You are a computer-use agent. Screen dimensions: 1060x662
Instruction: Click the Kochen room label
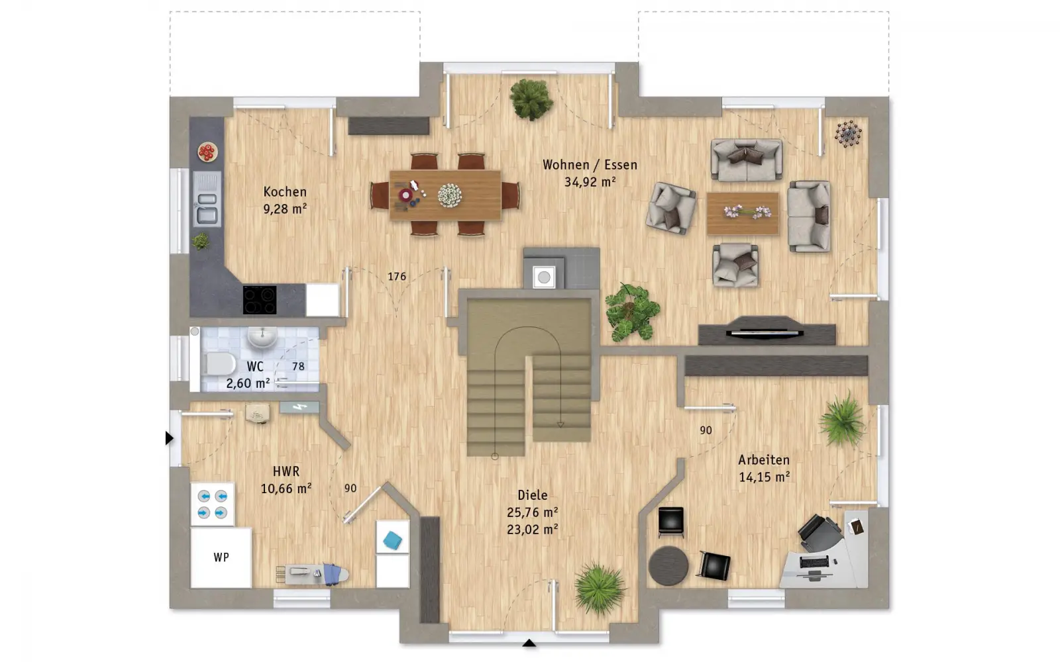click(x=285, y=191)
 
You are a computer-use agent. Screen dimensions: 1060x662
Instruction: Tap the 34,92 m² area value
click(x=590, y=182)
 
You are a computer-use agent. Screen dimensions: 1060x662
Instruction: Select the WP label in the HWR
click(x=221, y=557)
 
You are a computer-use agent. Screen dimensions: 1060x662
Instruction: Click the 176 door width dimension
click(x=397, y=277)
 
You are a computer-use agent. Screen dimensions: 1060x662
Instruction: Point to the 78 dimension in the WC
click(x=298, y=367)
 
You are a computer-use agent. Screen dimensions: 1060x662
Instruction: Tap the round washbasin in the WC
click(x=262, y=337)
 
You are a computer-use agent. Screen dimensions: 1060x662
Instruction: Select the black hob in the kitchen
click(x=260, y=299)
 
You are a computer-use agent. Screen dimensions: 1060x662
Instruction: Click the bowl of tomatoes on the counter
click(x=207, y=152)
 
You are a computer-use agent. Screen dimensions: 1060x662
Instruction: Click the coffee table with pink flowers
click(x=743, y=213)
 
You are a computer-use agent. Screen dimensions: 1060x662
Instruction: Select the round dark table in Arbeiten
click(x=668, y=566)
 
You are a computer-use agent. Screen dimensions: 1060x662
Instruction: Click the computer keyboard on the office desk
click(x=814, y=562)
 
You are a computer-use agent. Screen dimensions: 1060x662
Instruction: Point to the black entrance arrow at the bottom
click(x=529, y=643)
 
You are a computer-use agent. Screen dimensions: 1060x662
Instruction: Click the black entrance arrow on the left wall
click(x=169, y=438)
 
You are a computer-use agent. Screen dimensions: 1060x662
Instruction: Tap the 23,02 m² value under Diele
click(x=533, y=530)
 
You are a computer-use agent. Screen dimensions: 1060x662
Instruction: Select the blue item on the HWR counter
click(x=392, y=540)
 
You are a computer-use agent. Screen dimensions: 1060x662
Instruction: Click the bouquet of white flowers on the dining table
click(x=450, y=195)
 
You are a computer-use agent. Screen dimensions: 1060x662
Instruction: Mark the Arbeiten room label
click(x=764, y=460)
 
